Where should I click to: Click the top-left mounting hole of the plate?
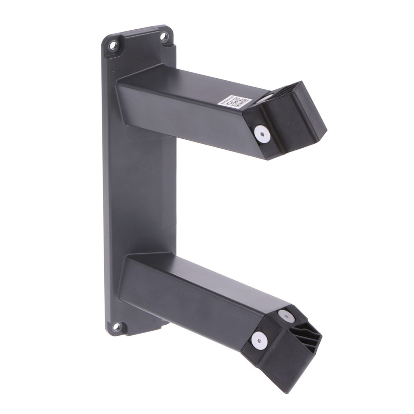point(112,44)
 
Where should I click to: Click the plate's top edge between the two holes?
point(138,30)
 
